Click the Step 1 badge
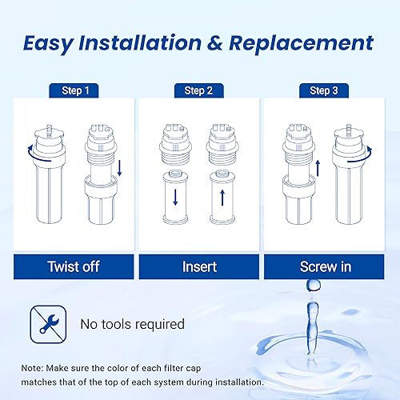[x=72, y=90]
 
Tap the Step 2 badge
[x=199, y=90]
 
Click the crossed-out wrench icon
[x=44, y=322]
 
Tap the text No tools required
[x=131, y=324]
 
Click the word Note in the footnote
[x=34, y=368]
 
